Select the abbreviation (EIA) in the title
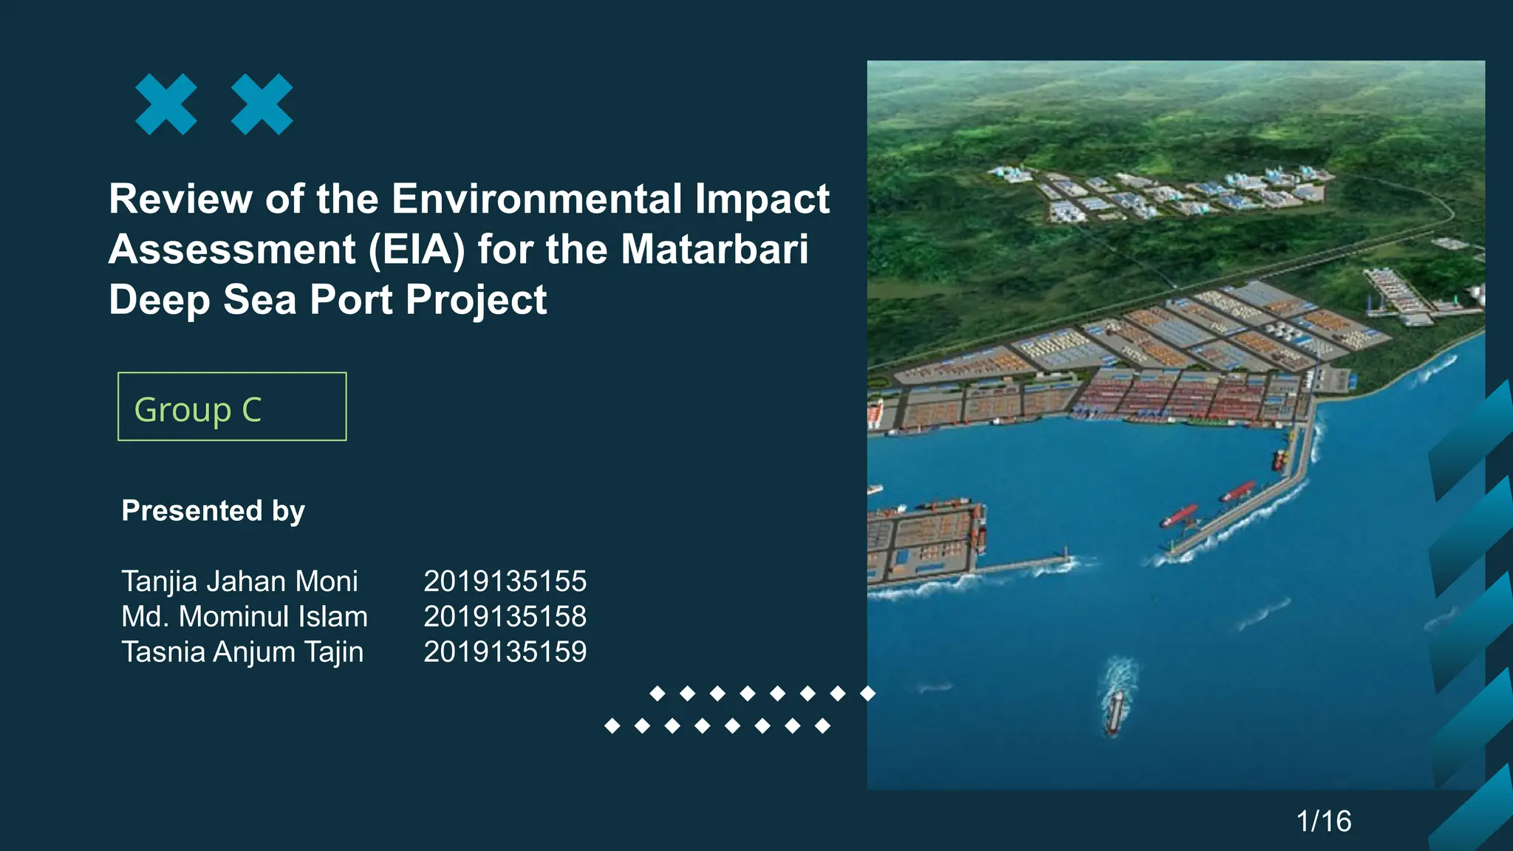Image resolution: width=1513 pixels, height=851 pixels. pos(417,250)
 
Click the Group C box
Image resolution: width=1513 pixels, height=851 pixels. pos(232,407)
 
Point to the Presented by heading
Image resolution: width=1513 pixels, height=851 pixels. pos(213,511)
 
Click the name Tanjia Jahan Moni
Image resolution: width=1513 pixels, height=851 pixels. pos(239,581)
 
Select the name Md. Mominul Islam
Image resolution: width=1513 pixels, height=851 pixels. pos(245,617)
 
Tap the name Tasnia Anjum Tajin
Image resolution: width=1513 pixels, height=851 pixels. pos(242,652)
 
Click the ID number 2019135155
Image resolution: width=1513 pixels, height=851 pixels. pos(505,581)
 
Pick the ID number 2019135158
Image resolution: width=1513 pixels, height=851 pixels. pos(505,617)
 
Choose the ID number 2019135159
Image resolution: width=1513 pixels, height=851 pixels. pos(505,652)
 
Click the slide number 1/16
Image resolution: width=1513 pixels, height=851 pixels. pos(1324,821)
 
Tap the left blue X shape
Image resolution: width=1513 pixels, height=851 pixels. pos(166,104)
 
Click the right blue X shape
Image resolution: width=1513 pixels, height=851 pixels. pos(262,104)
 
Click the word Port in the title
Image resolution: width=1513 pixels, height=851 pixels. pos(351,300)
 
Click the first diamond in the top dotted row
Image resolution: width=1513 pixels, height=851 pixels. pos(657,693)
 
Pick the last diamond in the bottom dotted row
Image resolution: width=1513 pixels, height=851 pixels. pos(822,726)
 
